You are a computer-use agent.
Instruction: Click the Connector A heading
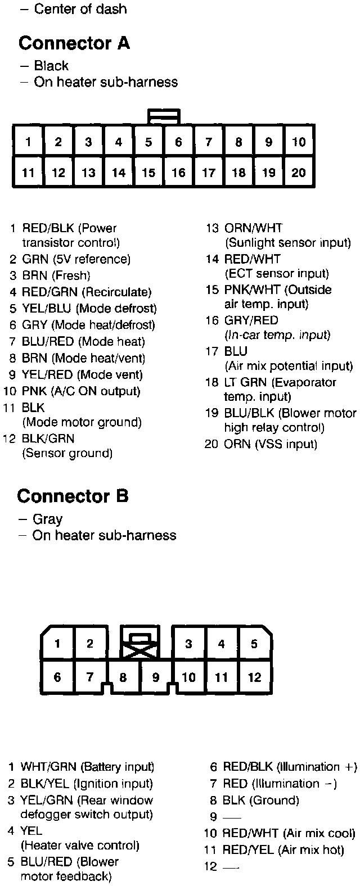[x=74, y=43]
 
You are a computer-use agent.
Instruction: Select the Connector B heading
[x=73, y=496]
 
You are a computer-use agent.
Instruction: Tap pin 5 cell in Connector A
[x=148, y=142]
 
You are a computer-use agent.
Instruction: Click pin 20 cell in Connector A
[x=299, y=172]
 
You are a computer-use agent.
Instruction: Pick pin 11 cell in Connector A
[x=28, y=172]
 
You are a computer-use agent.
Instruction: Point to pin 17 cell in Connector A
[x=209, y=172]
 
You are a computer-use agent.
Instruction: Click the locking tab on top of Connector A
[x=164, y=116]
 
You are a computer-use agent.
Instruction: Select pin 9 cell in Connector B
[x=156, y=677]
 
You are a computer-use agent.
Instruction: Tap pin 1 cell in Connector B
[x=57, y=644]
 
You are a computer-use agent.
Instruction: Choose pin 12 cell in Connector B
[x=255, y=677]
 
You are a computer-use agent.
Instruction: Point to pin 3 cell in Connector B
[x=189, y=644]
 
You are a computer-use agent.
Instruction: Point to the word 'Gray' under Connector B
[x=47, y=519]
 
